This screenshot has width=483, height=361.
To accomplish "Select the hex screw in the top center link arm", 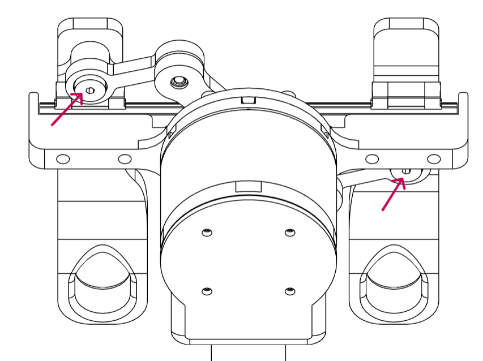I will [180, 82].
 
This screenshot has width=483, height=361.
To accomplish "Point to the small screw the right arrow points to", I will [406, 171].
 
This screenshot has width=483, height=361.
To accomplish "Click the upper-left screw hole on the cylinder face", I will [207, 232].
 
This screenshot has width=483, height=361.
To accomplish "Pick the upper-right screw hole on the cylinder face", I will [290, 232].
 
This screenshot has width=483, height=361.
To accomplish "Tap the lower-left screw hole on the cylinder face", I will [207, 291].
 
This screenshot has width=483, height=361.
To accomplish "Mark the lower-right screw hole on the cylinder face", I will [290, 291].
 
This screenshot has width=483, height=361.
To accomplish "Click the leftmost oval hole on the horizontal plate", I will [63, 158].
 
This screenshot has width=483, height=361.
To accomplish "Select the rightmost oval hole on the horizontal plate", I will [434, 158].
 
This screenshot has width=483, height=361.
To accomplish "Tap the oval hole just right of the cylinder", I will [372, 158].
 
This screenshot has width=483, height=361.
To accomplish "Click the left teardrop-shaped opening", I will [102, 283].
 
